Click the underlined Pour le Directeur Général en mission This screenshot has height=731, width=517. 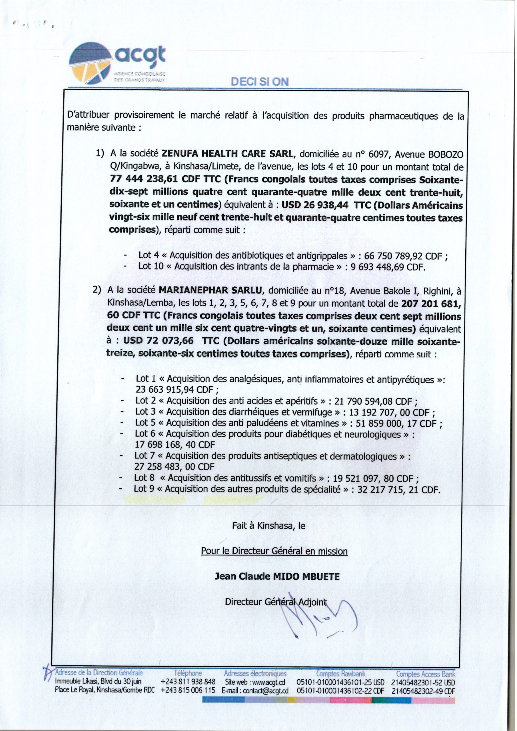pyautogui.click(x=274, y=551)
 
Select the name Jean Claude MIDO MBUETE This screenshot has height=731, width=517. pyautogui.click(x=277, y=577)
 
